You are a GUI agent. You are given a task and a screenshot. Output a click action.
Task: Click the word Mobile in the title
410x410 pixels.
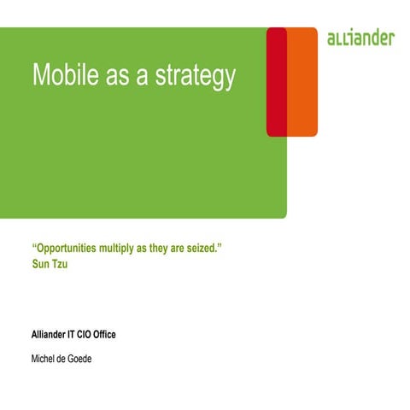tap(61, 75)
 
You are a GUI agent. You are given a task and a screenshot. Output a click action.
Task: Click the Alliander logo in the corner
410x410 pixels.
tap(360, 38)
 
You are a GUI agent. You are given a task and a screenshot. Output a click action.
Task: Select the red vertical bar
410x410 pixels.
tap(276, 81)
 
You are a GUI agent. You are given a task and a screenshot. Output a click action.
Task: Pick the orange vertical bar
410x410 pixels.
tap(302, 81)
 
